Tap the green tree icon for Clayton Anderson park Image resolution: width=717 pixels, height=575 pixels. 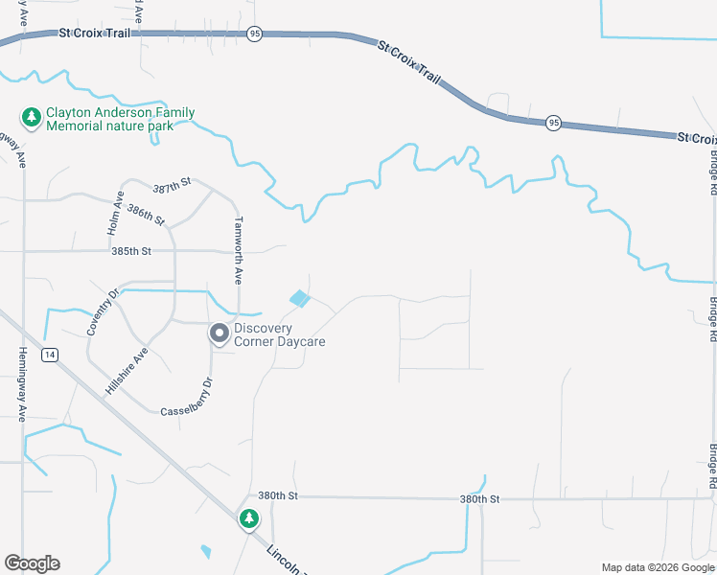[x=32, y=117]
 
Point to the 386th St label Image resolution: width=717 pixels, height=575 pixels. [x=147, y=214]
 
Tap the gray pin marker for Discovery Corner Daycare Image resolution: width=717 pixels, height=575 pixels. [x=220, y=333]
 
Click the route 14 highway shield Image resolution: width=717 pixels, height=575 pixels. [x=49, y=355]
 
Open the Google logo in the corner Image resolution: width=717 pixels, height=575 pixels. [x=32, y=563]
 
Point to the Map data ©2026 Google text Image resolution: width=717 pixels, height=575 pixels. [x=658, y=566]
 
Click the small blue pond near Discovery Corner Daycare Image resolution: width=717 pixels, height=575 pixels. [x=300, y=299]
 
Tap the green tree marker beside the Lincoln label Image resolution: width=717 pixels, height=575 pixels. [x=249, y=519]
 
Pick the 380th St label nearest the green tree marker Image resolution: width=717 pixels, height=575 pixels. [x=279, y=495]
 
